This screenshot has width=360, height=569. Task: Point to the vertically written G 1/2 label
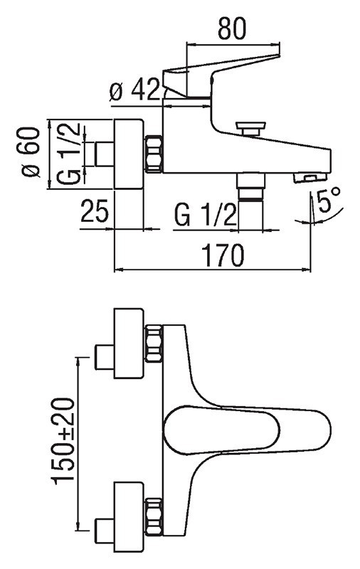(68, 154)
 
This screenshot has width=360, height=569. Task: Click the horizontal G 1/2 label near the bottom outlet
(204, 215)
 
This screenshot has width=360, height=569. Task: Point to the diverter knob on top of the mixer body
(250, 129)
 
